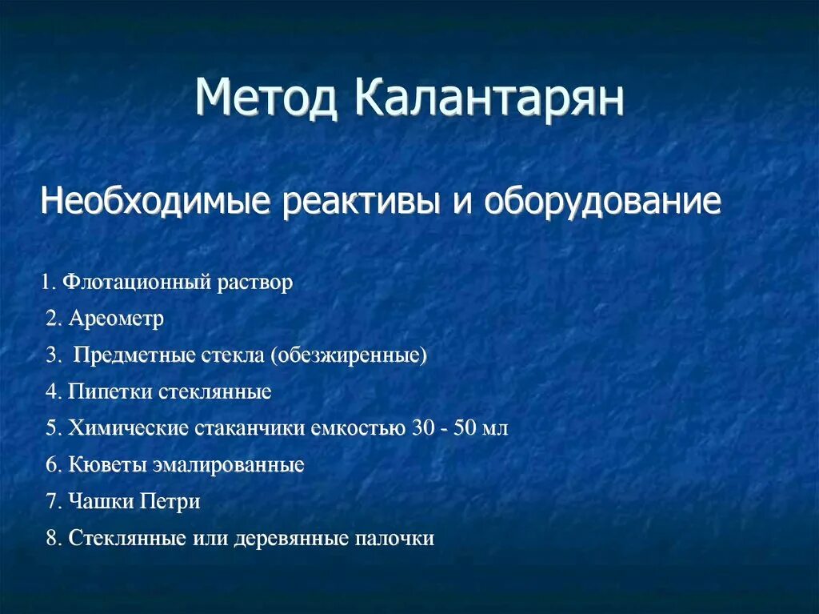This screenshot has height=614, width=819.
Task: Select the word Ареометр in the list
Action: [x=116, y=319]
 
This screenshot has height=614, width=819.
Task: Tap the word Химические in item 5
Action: [x=128, y=428]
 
